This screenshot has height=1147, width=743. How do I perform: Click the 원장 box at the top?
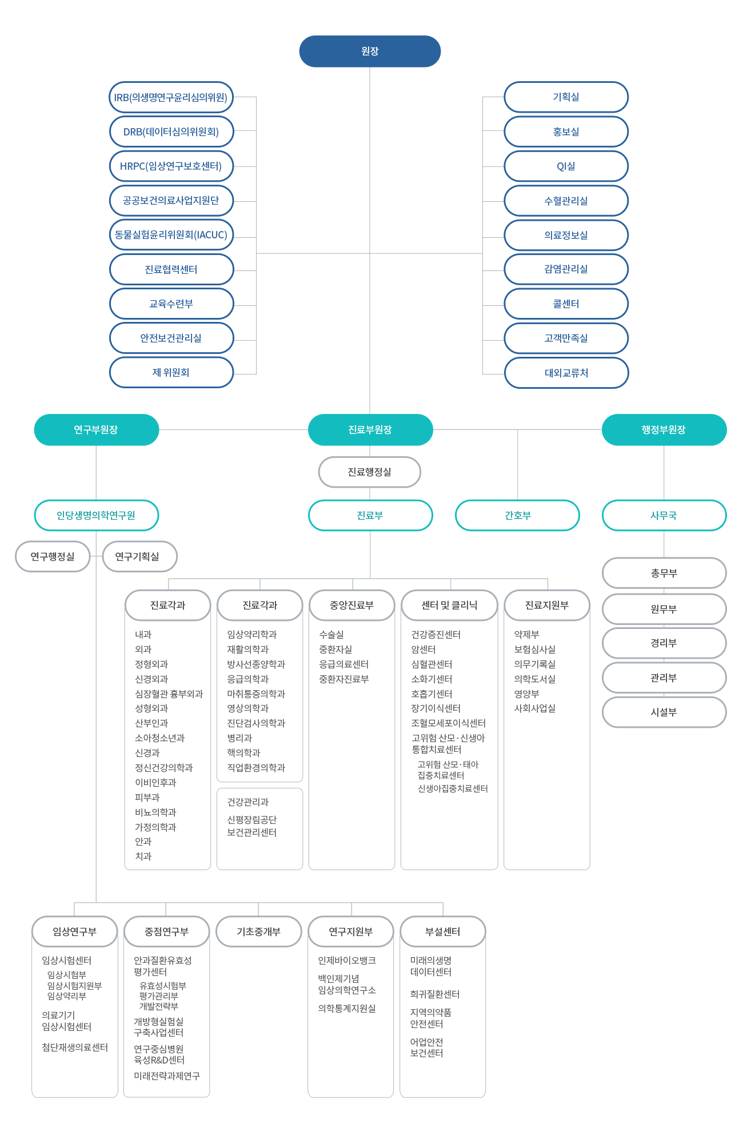[370, 51]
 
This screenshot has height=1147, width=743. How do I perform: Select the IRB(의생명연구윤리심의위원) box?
[171, 97]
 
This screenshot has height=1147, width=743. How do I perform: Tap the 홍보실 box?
[566, 132]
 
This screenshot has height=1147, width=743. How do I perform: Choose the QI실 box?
[566, 166]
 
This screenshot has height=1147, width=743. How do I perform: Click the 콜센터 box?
[566, 304]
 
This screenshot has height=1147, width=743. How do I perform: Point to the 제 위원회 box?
[171, 372]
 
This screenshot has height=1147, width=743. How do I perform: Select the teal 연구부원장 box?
[96, 430]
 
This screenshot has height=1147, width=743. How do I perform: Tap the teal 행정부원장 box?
[664, 430]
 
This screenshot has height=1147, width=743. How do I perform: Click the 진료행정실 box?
[370, 472]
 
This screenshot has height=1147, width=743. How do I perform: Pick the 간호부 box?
[517, 516]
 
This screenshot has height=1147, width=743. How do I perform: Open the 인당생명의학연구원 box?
[96, 516]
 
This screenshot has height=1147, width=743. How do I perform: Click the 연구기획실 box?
[139, 556]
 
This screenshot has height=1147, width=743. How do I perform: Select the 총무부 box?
[664, 573]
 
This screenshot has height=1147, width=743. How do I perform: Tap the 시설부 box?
[664, 712]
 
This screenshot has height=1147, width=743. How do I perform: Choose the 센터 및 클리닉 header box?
[449, 605]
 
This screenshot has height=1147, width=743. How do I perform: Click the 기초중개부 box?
[258, 931]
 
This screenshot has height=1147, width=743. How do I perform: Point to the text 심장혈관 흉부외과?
[169, 694]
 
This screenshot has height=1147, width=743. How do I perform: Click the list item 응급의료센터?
[343, 664]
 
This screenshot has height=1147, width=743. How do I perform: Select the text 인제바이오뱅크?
[347, 960]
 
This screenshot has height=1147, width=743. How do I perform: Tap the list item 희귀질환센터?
[435, 994]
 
